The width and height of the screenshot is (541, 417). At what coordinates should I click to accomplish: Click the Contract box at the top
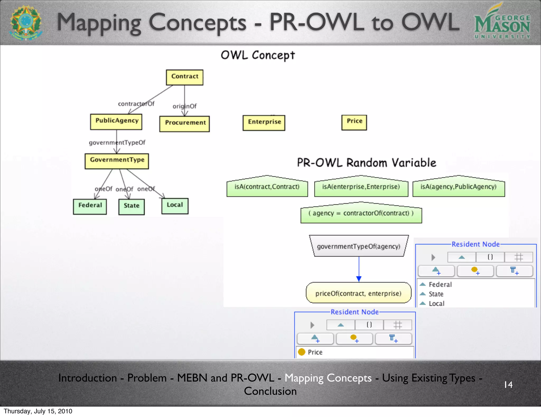(x=184, y=77)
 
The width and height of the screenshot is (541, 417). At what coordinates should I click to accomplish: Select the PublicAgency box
(x=116, y=121)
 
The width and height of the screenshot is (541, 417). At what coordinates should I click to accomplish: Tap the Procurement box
(x=184, y=123)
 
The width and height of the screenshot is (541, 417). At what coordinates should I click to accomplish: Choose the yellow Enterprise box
(x=264, y=122)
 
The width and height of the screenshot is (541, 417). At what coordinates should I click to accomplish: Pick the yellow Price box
(x=354, y=122)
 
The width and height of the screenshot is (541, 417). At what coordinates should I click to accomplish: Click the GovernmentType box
(x=117, y=161)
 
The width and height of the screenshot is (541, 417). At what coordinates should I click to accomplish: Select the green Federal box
(x=90, y=206)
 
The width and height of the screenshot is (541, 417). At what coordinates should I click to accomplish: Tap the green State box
(x=131, y=206)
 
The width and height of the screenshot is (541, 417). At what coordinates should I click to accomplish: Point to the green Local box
(x=175, y=206)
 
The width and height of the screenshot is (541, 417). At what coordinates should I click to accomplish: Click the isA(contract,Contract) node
(x=267, y=187)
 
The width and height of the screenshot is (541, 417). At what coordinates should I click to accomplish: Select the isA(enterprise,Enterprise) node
(x=361, y=187)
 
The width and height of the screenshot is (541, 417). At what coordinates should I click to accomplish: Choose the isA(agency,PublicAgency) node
(x=458, y=187)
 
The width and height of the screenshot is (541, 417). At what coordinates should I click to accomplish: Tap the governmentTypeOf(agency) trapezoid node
(x=358, y=246)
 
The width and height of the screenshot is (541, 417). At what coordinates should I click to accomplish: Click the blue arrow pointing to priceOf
(x=359, y=278)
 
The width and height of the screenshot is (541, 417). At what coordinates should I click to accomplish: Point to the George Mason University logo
(x=502, y=22)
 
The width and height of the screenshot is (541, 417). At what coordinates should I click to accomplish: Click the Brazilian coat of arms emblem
(x=26, y=22)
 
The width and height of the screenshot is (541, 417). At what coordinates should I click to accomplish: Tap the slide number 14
(x=508, y=384)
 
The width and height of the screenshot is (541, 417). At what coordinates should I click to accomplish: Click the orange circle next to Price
(x=302, y=352)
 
